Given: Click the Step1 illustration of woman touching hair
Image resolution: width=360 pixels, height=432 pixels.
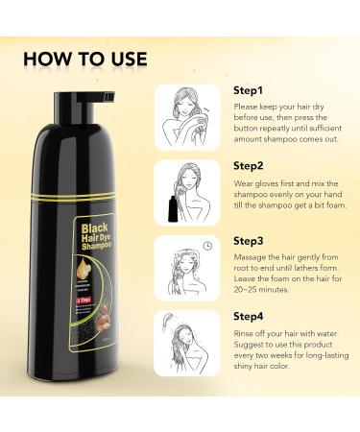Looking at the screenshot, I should [x=189, y=113].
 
